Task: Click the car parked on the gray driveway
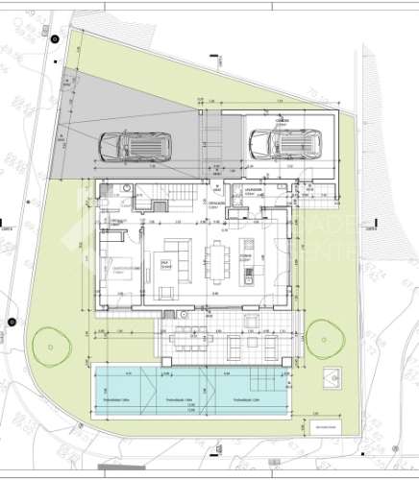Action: tap(136, 145)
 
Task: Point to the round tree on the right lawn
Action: tap(328, 336)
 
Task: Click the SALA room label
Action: tap(165, 265)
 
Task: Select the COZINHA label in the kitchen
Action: tap(246, 258)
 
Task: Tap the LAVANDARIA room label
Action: tap(254, 191)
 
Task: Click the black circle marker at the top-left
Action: tap(55, 38)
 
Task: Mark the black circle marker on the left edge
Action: tap(12, 322)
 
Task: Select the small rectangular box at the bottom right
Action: tap(320, 427)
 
